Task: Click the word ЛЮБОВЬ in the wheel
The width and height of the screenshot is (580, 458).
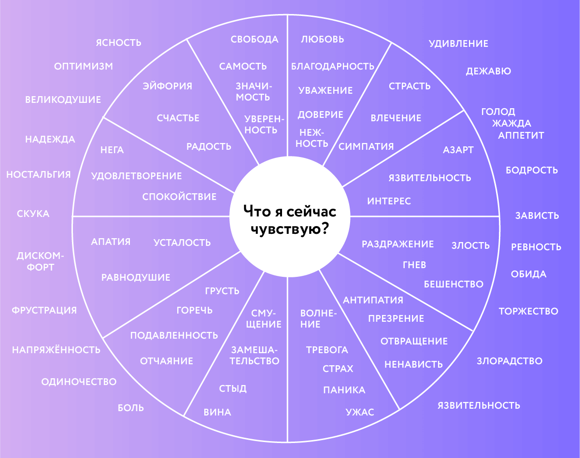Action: click(x=323, y=39)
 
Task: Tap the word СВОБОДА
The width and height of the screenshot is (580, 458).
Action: click(x=255, y=39)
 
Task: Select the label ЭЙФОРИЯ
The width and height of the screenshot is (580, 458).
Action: click(x=168, y=86)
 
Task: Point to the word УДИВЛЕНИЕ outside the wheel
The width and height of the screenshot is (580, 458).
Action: click(x=458, y=43)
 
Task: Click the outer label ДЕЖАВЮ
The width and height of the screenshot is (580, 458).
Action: click(x=488, y=72)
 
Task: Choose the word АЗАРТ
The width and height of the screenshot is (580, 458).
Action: click(x=458, y=150)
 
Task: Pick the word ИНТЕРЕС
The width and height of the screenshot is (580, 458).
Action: click(x=389, y=201)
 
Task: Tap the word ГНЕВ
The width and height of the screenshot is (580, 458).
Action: click(x=414, y=265)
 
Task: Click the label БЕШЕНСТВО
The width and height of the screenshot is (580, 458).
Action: click(x=453, y=284)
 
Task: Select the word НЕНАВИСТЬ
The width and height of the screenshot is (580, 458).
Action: click(x=413, y=364)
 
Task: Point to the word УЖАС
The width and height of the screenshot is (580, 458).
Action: click(x=360, y=412)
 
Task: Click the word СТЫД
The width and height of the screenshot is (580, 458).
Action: click(x=233, y=388)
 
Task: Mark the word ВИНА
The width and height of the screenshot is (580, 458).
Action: click(x=217, y=412)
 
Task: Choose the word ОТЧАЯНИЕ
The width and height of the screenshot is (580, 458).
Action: click(x=167, y=361)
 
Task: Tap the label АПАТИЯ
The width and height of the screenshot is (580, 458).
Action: click(x=111, y=242)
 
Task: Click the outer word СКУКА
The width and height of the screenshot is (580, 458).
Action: click(x=33, y=214)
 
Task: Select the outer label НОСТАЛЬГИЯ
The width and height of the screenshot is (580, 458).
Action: click(x=39, y=174)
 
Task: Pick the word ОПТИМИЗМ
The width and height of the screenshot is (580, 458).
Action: click(x=84, y=66)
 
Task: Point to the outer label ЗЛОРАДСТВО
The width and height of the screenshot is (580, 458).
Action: click(x=509, y=361)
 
